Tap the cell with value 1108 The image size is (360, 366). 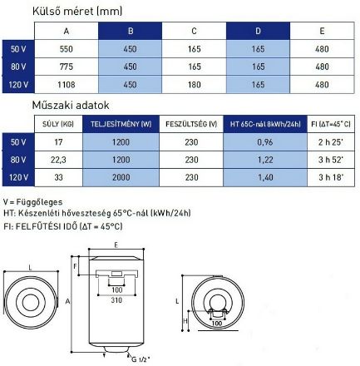pos(67,84)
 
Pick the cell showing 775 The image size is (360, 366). pos(67,67)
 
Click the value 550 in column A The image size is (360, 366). pos(67,49)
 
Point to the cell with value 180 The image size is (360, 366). pos(194,84)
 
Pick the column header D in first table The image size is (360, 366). pos(258,31)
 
